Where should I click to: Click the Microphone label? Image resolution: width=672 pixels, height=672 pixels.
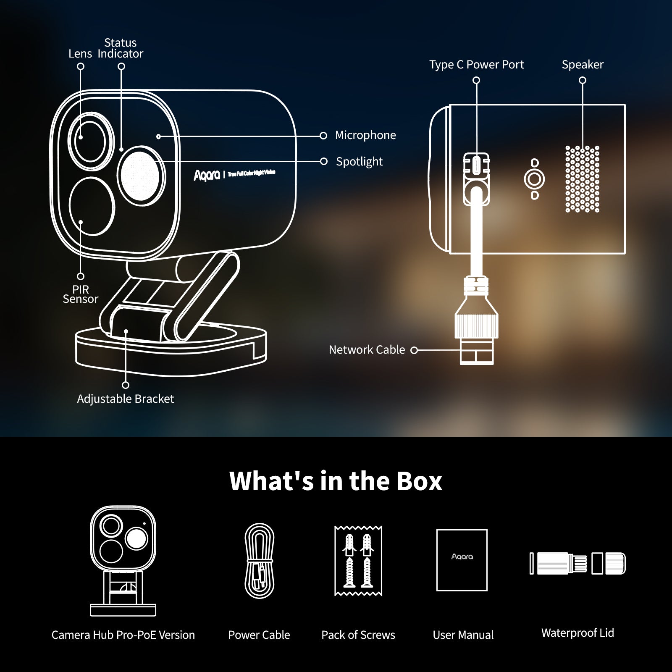(x=365, y=135)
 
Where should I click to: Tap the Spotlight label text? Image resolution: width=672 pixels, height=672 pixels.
(x=359, y=162)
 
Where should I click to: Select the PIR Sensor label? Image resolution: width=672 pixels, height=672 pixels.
(x=80, y=294)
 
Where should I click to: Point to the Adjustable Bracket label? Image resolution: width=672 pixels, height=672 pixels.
(x=125, y=399)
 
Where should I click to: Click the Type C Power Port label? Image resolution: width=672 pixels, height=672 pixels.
(x=476, y=65)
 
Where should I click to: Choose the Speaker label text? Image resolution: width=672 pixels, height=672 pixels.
(x=582, y=65)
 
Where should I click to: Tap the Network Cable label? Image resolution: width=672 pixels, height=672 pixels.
(x=367, y=350)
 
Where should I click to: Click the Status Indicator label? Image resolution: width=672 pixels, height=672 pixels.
(x=120, y=48)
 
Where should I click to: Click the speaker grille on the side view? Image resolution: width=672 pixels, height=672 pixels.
(x=582, y=179)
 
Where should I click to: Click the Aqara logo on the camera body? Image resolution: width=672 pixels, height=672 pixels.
(x=207, y=175)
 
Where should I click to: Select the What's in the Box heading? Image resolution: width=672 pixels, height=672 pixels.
(x=336, y=481)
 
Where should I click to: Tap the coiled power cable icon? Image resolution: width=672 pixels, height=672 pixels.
(x=259, y=560)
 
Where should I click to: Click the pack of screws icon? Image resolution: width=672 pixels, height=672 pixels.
(x=358, y=561)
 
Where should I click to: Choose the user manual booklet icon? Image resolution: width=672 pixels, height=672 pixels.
(x=462, y=560)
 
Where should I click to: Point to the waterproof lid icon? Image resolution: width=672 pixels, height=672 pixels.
(x=577, y=563)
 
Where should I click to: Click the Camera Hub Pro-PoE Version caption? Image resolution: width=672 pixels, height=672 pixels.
(x=123, y=635)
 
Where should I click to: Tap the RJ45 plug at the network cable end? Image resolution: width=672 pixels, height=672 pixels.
(x=477, y=351)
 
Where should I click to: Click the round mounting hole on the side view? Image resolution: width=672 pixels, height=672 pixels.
(x=534, y=179)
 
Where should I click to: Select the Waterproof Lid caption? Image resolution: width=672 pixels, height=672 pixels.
(x=577, y=633)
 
